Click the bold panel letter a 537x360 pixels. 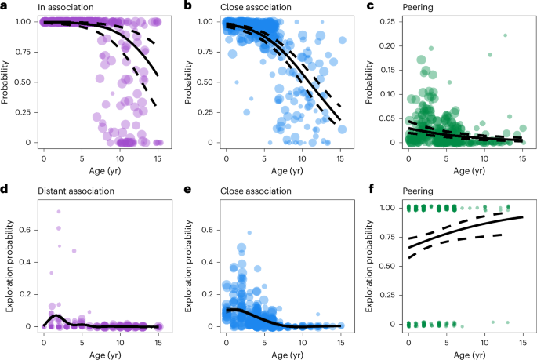[5, 6]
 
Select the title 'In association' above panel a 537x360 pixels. [48, 6]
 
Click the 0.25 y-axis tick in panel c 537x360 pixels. [388, 21]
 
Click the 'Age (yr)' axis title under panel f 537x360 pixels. [467, 351]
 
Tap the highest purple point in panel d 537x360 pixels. [58, 212]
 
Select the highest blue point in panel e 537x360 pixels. [249, 233]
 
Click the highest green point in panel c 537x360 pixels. [506, 35]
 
